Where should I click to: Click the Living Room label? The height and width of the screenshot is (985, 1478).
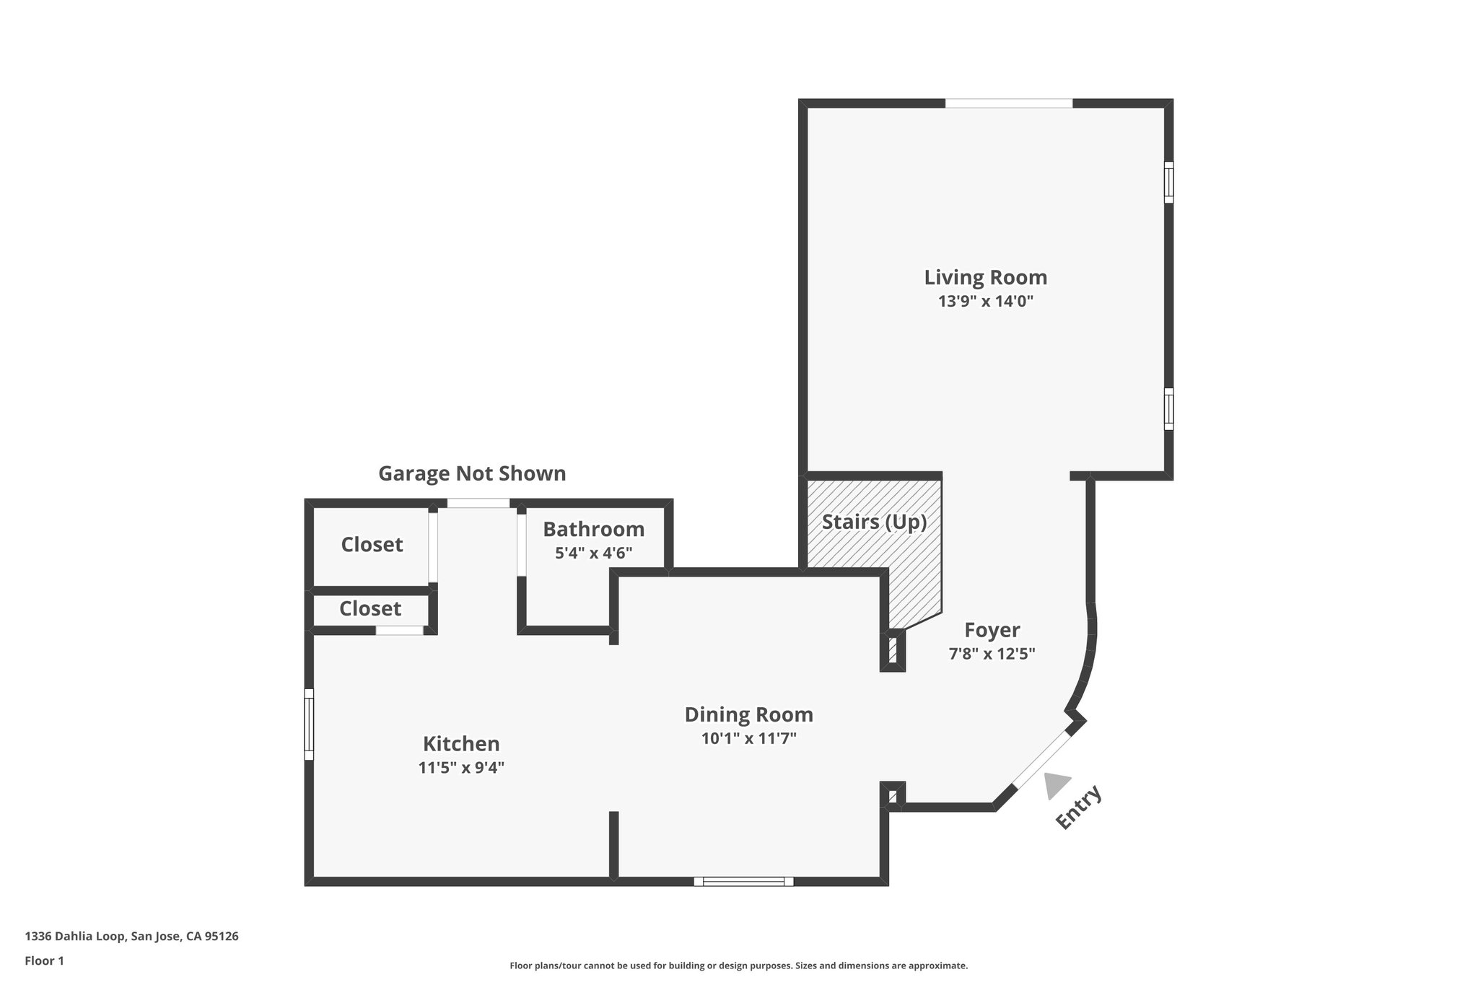[985, 278]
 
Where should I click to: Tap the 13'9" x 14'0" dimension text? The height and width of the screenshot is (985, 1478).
[985, 302]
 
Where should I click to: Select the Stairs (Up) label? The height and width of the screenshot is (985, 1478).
[874, 522]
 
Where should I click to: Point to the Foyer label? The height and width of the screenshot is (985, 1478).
[992, 630]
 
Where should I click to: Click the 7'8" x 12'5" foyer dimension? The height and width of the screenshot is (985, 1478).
[992, 654]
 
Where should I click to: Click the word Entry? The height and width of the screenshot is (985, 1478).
[1079, 807]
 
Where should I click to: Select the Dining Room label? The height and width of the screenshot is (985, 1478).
[748, 714]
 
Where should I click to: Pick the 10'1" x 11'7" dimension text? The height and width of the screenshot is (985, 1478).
[748, 738]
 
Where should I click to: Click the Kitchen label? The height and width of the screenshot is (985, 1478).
[461, 743]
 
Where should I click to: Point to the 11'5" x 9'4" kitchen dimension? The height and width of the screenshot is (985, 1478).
[461, 767]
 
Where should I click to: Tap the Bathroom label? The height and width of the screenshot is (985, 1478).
[593, 530]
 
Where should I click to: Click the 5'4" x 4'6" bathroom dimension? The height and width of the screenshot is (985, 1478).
[593, 553]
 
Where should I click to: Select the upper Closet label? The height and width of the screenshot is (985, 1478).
[372, 544]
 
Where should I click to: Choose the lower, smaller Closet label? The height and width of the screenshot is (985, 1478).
[370, 608]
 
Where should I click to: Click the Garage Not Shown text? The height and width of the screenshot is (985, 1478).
[472, 473]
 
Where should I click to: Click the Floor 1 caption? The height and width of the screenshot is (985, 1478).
[45, 960]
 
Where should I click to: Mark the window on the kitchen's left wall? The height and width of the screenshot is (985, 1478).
[309, 724]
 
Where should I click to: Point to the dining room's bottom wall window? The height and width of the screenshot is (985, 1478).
[743, 881]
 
